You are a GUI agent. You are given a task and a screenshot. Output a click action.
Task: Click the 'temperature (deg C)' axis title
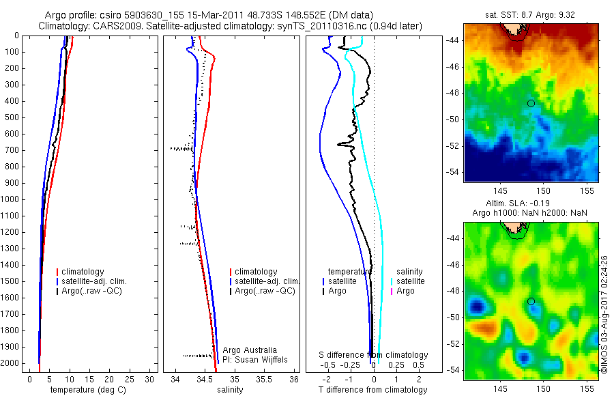tap(90, 390)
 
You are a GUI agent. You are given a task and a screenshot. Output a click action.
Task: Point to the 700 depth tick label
tap(11, 150)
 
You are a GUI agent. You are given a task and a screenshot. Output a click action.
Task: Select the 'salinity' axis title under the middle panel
tap(229, 390)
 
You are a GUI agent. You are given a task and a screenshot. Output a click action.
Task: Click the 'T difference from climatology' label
tap(372, 390)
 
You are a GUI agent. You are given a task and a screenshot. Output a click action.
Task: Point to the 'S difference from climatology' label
tap(374, 355)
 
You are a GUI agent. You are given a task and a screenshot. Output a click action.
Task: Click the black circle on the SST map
tap(531, 103)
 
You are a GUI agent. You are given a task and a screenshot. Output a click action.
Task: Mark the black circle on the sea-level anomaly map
tap(531, 301)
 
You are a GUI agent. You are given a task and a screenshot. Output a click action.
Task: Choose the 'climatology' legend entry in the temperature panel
tap(85, 272)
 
